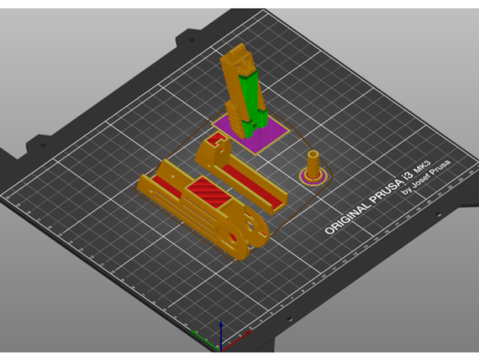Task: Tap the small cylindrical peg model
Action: [x=314, y=165]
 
